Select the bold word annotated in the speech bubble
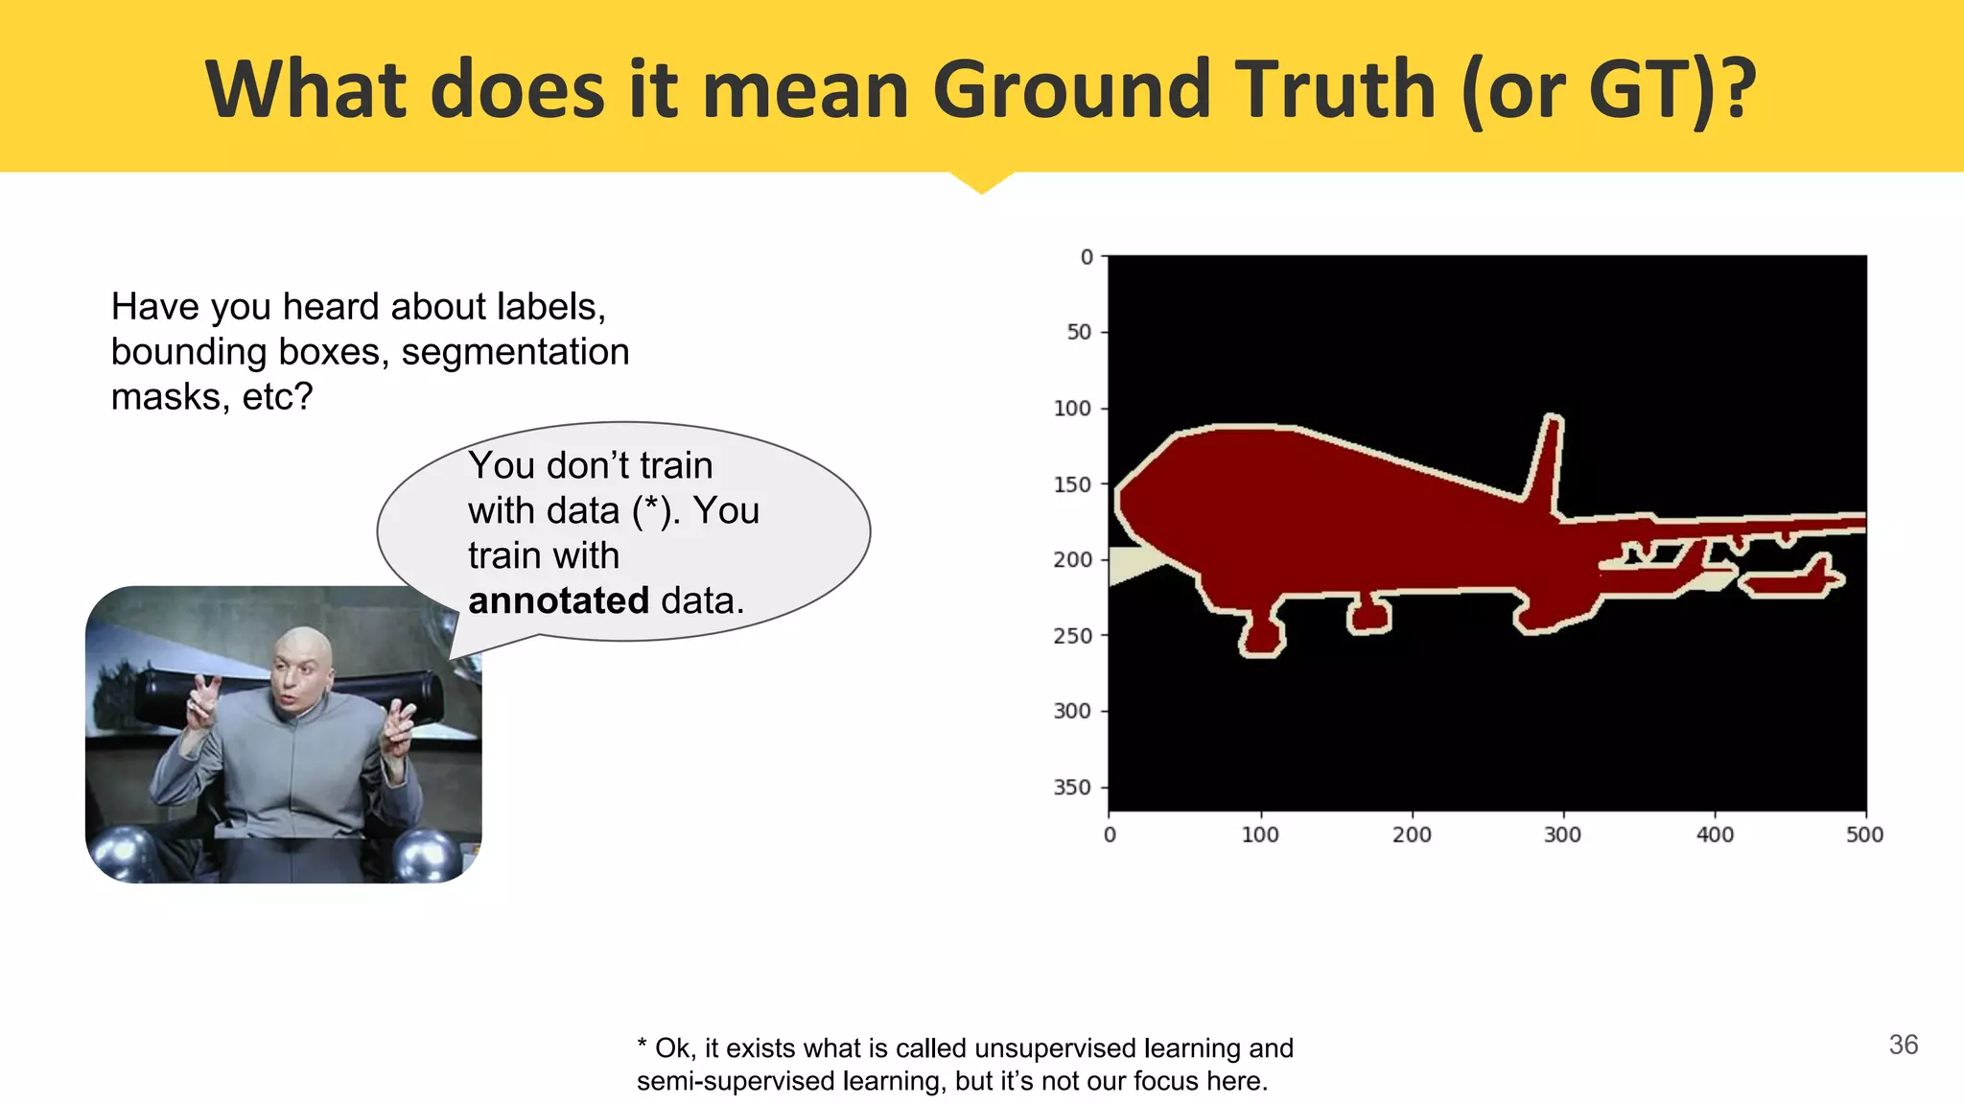(x=558, y=600)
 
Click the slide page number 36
(x=1903, y=1045)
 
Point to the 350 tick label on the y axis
(x=1072, y=788)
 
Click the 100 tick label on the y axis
(x=1072, y=409)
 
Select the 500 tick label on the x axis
(x=1864, y=835)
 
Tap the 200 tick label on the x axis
(x=1412, y=835)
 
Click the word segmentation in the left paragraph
(x=515, y=352)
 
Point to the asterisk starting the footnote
(x=642, y=1046)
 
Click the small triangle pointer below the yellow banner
(x=981, y=182)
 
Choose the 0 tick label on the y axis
(x=1086, y=257)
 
